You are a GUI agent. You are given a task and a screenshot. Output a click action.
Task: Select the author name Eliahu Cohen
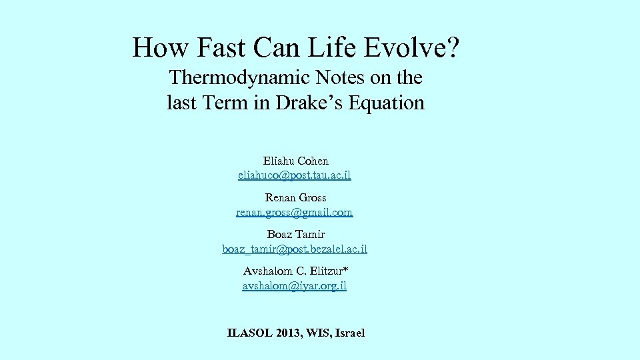(x=295, y=161)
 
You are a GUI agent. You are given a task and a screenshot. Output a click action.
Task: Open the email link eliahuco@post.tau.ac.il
(x=295, y=175)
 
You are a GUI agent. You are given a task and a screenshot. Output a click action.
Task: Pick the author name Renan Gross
(x=295, y=197)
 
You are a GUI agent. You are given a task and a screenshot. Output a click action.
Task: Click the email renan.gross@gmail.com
(x=295, y=212)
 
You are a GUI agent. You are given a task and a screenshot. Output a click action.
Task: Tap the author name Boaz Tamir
(x=295, y=234)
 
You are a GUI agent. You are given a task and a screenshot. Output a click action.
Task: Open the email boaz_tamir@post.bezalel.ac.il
(x=295, y=249)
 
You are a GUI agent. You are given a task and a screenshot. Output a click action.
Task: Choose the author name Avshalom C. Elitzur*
(x=295, y=271)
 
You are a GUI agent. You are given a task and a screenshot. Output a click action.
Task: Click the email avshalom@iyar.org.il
(x=295, y=285)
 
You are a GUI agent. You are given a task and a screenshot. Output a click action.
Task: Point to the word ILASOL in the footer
(x=250, y=333)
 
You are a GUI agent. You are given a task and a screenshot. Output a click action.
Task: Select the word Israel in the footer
(x=349, y=333)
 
